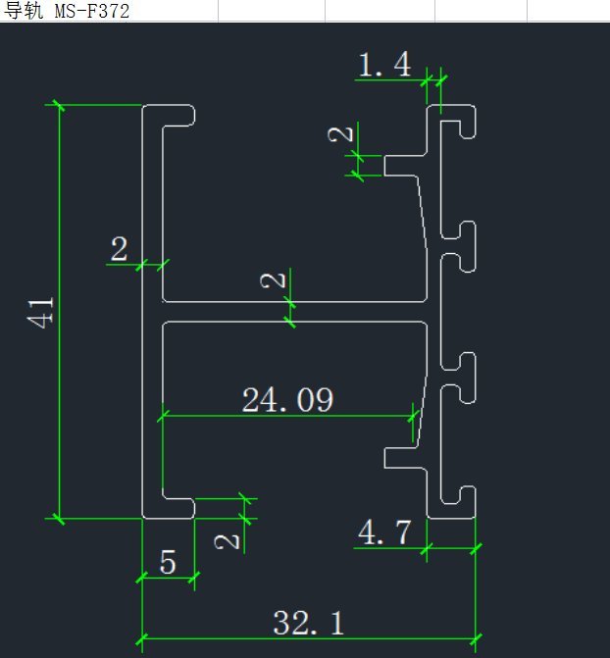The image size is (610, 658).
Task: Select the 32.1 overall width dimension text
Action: [309, 622]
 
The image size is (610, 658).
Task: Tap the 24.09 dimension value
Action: [287, 399]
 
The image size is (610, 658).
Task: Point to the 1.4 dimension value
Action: [384, 66]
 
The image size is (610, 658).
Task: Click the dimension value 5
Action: [168, 563]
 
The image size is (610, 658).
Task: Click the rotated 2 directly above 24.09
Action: [276, 280]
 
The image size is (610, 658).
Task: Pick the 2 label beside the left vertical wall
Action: [120, 248]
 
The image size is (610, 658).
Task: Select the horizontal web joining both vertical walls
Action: [294, 311]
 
